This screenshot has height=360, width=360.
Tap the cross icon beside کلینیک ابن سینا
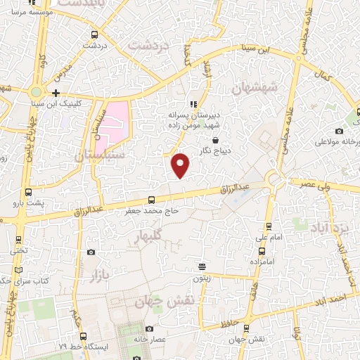click(x=56, y=93)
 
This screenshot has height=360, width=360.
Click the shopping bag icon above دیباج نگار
click(x=224, y=139)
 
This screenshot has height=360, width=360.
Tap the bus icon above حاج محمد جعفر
click(x=150, y=200)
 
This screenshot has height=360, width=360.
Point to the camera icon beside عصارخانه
click(x=149, y=328)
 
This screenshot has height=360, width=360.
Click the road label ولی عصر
click(x=314, y=184)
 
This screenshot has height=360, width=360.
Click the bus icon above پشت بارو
click(x=29, y=192)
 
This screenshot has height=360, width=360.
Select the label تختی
click(x=18, y=250)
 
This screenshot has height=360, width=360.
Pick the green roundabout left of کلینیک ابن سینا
click(x=37, y=92)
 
